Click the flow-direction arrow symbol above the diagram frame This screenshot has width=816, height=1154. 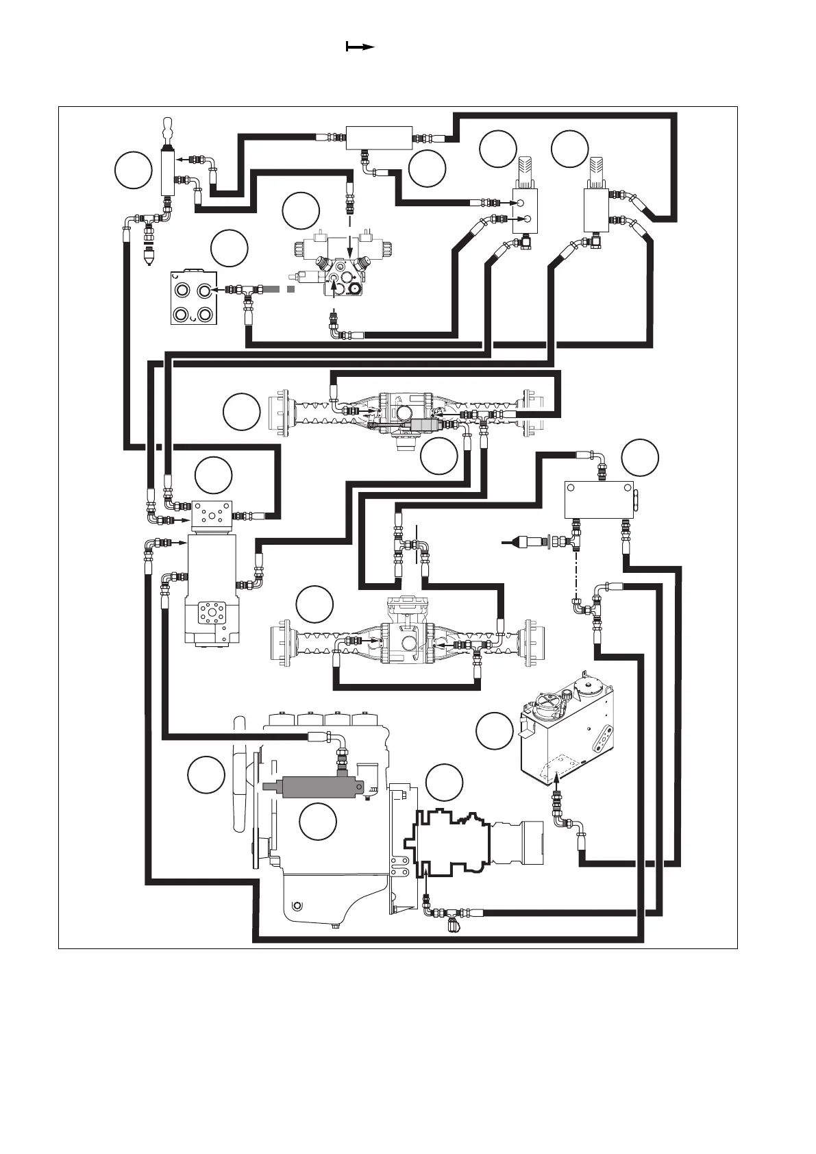tap(360, 47)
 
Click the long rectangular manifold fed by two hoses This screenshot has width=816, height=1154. tap(379, 138)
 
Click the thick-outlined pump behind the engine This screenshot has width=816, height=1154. tap(449, 842)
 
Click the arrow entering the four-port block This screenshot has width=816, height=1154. tap(218, 290)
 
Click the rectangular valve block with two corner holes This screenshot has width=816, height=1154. tap(598, 499)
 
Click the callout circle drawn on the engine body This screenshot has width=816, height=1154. tap(318, 822)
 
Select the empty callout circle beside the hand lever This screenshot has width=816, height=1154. tap(133, 170)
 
